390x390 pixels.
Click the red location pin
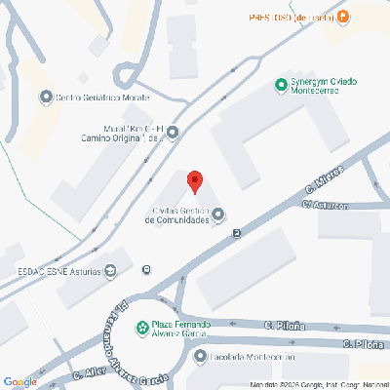(194, 181)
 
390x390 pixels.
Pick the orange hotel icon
(342, 16)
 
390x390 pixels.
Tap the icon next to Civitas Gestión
(218, 214)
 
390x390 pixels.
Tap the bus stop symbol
(146, 270)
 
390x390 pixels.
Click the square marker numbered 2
(236, 232)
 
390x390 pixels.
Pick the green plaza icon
(141, 326)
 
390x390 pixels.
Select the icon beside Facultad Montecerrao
(199, 357)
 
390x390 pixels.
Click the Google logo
(21, 380)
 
